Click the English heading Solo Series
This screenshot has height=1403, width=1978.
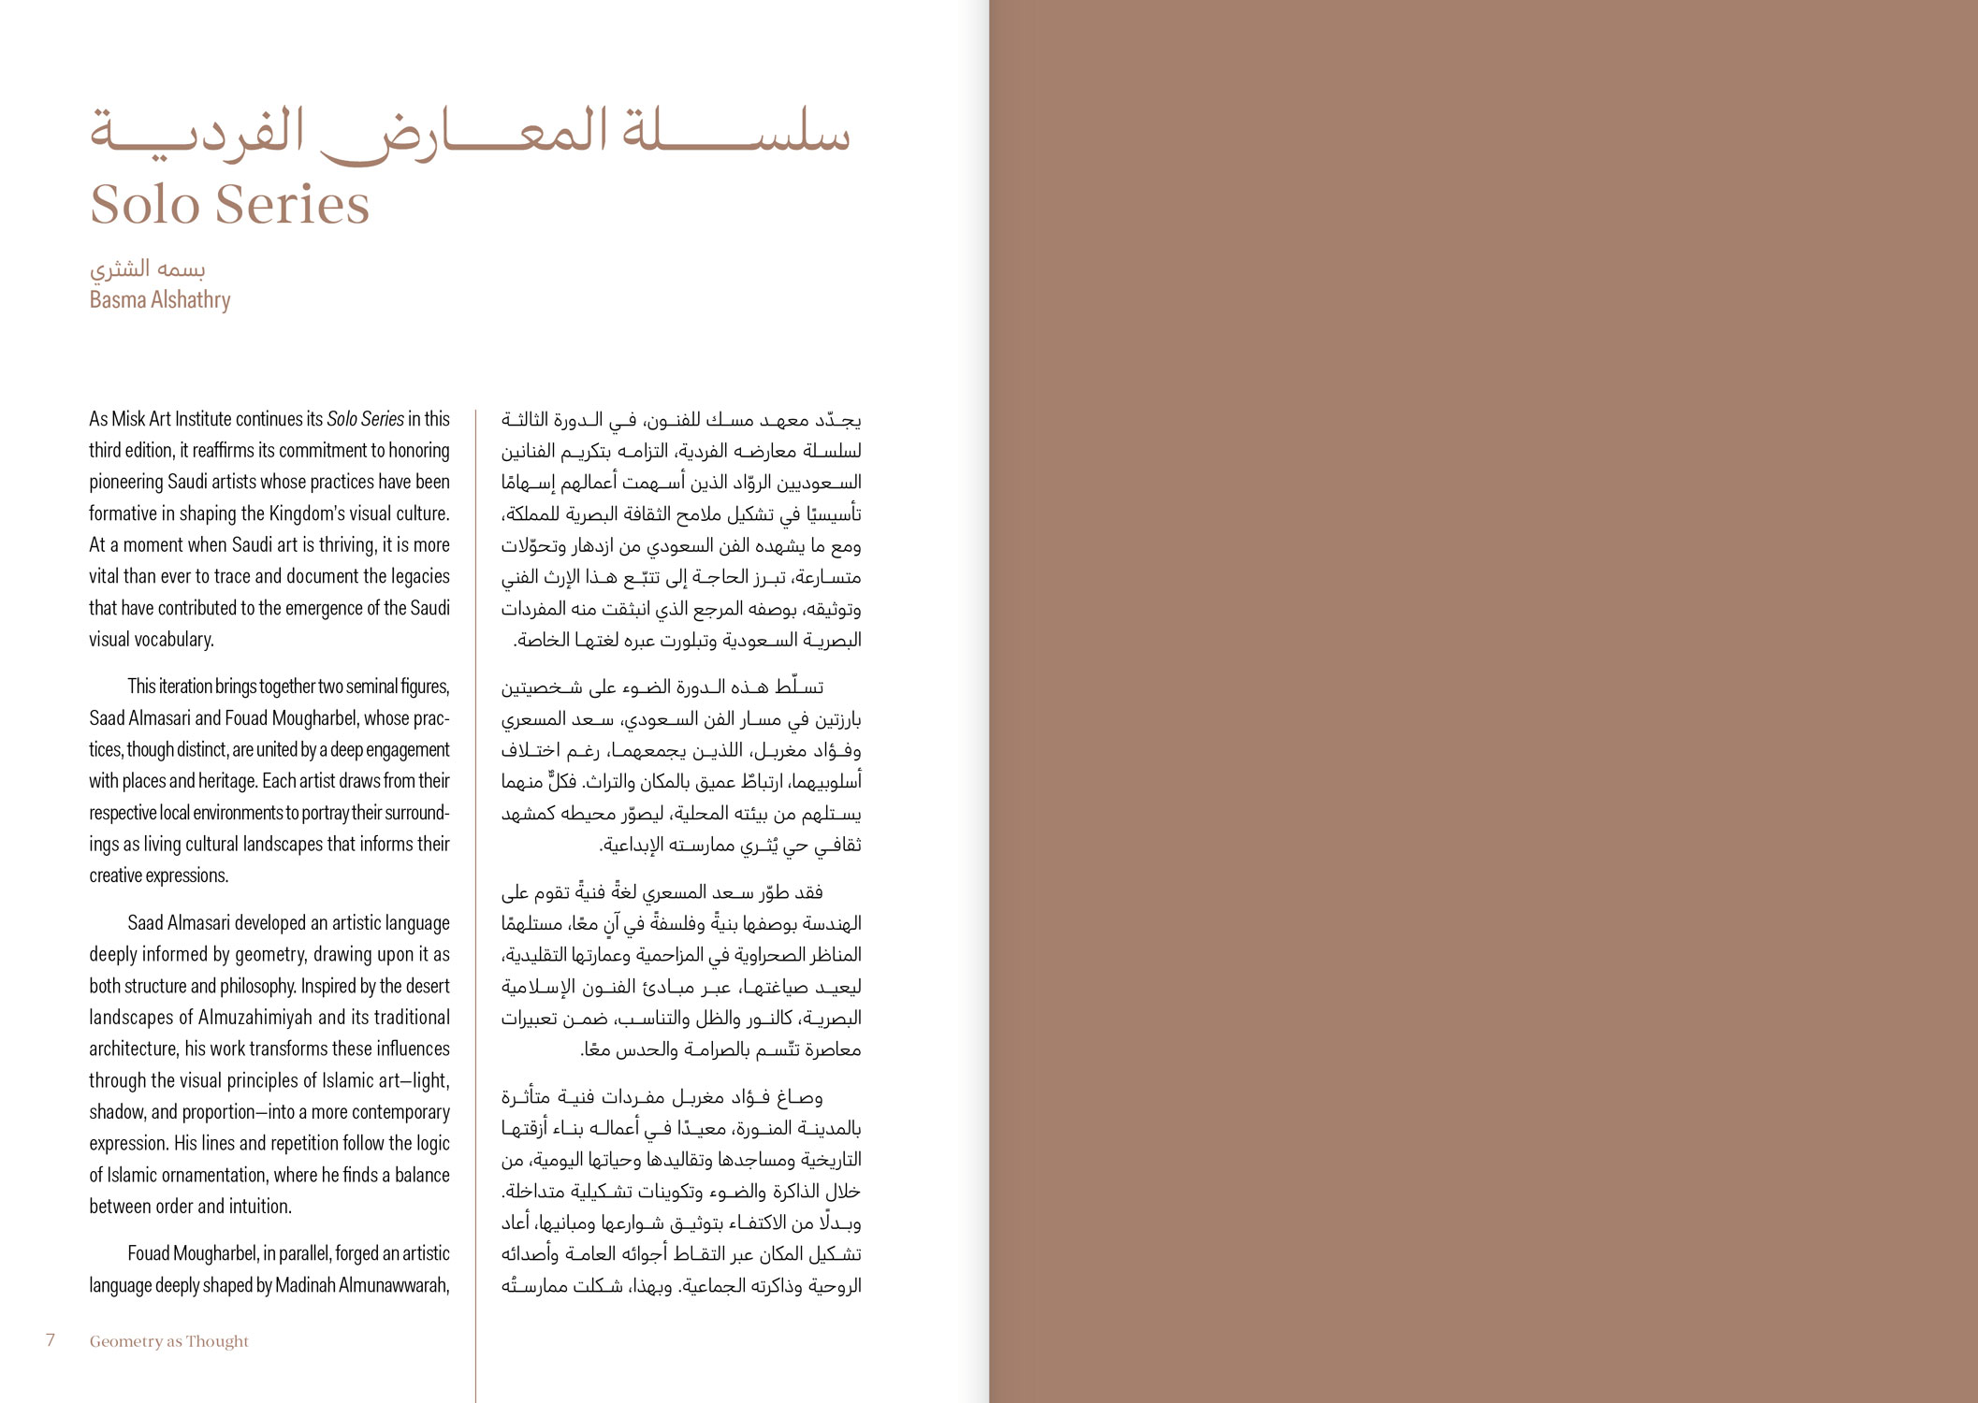coord(229,204)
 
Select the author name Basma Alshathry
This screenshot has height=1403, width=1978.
coord(160,300)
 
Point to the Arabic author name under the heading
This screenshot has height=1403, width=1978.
coord(147,269)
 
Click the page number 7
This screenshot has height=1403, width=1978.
coord(51,1340)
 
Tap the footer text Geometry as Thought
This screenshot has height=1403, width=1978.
coord(169,1341)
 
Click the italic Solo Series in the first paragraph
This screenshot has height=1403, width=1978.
coord(365,419)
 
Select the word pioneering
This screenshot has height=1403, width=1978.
coord(126,482)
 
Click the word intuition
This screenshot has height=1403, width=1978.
coord(258,1207)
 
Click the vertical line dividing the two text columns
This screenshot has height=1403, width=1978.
coord(475,842)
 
